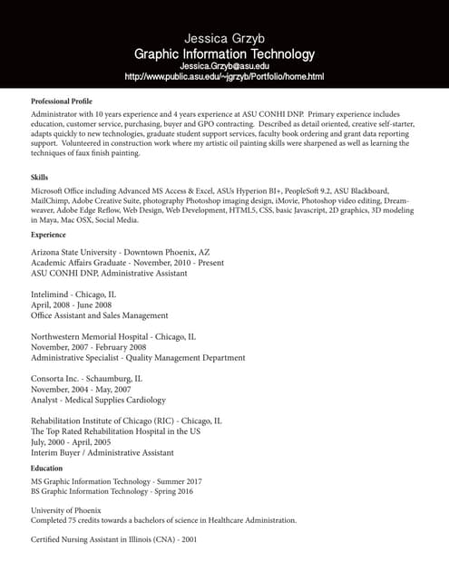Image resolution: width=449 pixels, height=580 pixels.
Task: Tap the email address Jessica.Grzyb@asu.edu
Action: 224,65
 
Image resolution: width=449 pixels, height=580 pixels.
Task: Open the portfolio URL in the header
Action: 224,77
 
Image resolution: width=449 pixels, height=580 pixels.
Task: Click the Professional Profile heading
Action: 62,101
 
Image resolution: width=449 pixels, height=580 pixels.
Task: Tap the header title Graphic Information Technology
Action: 224,53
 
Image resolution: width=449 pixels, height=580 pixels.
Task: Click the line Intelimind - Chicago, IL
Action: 73,295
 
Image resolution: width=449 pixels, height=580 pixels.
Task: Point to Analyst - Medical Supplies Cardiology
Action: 98,400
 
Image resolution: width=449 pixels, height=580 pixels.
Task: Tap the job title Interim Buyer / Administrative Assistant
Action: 102,452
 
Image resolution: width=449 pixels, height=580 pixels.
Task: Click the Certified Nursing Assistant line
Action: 113,539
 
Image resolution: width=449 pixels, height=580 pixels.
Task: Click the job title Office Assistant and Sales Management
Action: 100,315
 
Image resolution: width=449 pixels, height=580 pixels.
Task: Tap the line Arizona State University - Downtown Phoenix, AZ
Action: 121,252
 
